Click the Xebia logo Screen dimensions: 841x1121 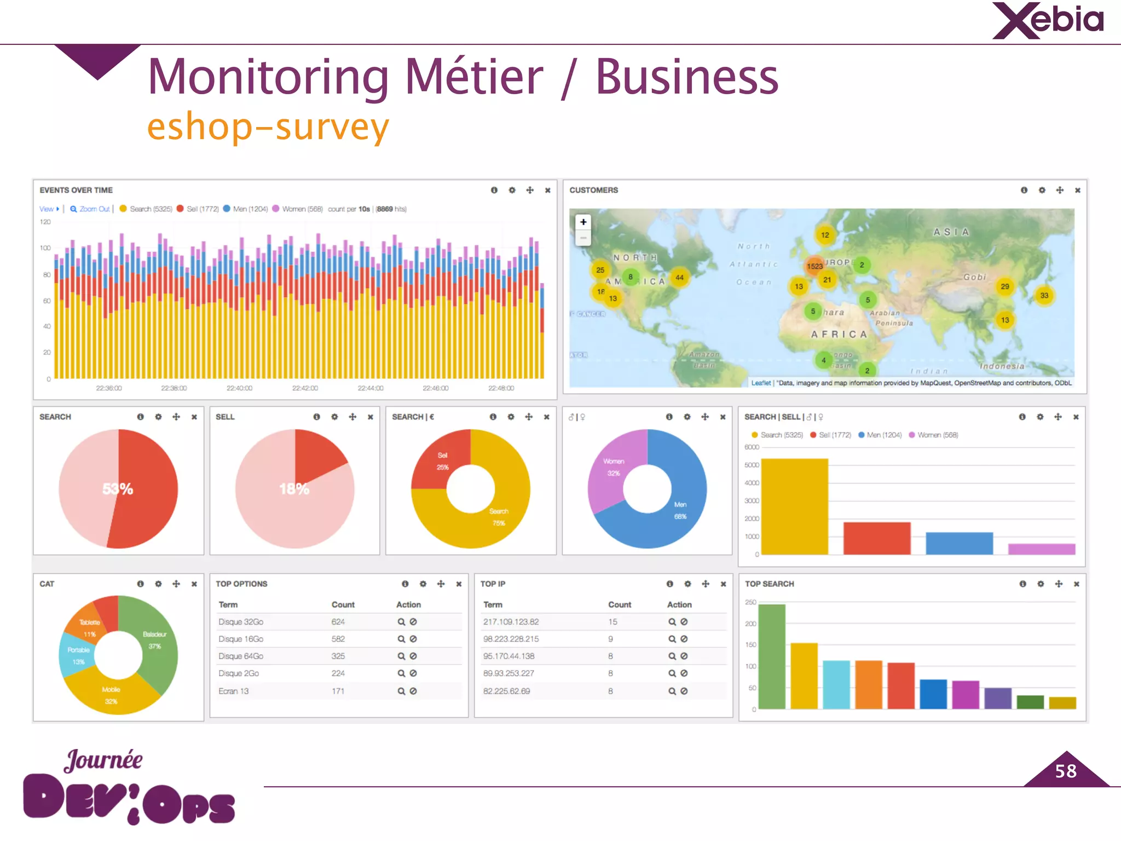pos(1048,21)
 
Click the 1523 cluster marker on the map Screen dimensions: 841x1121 pos(814,266)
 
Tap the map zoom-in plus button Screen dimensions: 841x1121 pos(583,222)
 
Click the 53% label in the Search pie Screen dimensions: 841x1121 pos(118,489)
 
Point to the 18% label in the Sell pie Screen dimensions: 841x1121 pos(294,489)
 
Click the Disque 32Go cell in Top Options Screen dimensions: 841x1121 pos(241,622)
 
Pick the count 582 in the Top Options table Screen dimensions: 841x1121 pos(338,639)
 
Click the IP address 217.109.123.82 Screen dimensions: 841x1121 pos(511,622)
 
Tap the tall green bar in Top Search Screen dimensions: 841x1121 pos(772,657)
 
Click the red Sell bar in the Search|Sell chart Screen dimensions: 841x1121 pos(876,538)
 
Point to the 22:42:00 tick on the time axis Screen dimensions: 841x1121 pos(305,388)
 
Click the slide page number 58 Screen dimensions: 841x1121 pos(1066,771)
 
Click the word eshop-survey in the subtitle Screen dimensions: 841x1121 pos(268,127)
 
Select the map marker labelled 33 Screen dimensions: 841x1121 pos(1044,296)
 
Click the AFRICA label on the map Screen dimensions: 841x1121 pos(839,334)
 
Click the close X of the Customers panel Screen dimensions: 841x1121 pos(1077,191)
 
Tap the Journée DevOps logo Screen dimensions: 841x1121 pos(129,788)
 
